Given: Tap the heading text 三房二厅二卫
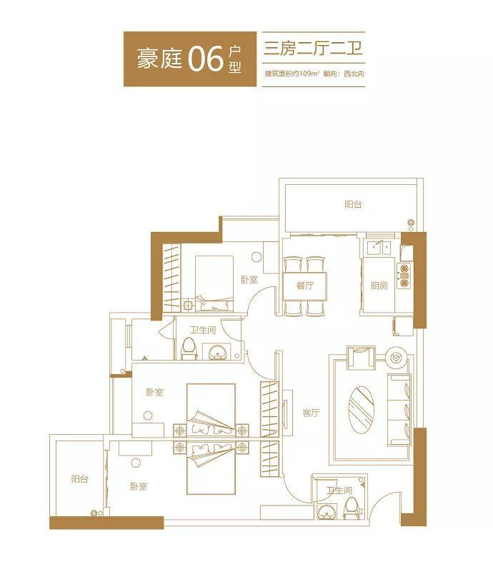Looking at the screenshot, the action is coord(313,49).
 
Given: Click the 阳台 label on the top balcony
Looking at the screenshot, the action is coord(353,205).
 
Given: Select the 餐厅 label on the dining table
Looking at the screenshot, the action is coord(305,286).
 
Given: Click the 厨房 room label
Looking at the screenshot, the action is coord(379,286).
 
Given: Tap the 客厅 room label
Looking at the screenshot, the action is coord(311,413).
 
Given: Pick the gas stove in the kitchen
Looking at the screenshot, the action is coord(404,275).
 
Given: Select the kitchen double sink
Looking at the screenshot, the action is coord(379,248).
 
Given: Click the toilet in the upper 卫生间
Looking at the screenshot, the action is coord(189,348).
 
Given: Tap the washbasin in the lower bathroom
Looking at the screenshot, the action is coord(327,511).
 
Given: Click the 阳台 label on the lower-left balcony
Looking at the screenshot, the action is coord(79,479).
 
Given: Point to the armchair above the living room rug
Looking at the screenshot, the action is coord(361,358).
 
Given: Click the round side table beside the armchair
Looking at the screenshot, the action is coord(396,357).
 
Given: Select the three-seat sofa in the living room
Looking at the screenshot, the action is coord(399,410).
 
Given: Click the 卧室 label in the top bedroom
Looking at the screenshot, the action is coord(249,279).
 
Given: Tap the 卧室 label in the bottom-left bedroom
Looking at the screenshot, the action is coord(139,486).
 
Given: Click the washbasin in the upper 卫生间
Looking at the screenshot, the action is coord(216,351).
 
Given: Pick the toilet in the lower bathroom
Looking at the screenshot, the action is coord(352,509).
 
